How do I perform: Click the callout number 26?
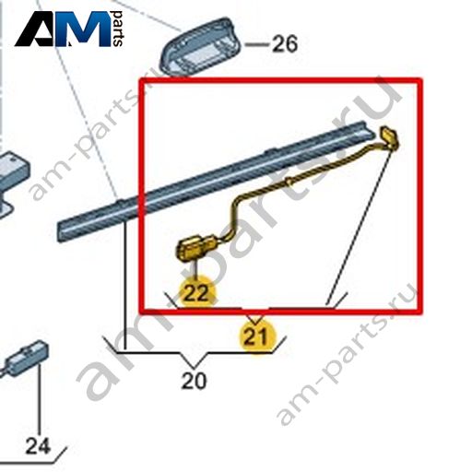click(285, 44)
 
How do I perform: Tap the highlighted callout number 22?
click(197, 292)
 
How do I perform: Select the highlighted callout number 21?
click(256, 337)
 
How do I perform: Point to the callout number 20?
click(195, 381)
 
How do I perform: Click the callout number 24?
click(38, 446)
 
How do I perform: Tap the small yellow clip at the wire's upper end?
click(390, 138)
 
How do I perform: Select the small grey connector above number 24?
click(27, 358)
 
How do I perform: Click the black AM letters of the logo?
click(63, 29)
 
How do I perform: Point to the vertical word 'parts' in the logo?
click(118, 29)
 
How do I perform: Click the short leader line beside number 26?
click(257, 45)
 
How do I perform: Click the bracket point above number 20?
click(194, 368)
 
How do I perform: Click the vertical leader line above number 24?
click(40, 400)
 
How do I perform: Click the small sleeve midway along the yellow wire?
click(288, 182)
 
